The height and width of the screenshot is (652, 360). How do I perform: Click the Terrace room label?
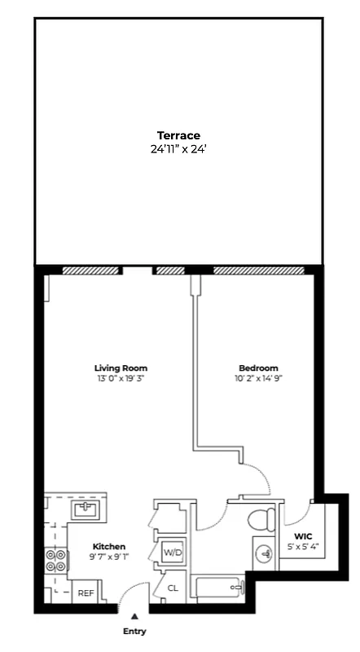pos(178,135)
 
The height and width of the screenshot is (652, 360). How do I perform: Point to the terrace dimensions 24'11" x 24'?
pos(178,149)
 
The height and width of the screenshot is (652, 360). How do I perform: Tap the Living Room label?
pos(120,368)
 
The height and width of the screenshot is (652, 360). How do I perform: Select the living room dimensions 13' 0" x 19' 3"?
pos(120,378)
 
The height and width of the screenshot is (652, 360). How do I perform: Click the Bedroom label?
pos(258,368)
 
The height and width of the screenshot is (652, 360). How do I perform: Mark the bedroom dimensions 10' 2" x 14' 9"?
pos(258,378)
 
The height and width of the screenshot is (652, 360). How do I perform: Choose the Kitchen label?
pos(109,546)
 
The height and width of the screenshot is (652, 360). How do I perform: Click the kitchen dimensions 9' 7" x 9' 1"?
pos(109,557)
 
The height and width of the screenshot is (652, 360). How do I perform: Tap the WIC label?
pos(303,535)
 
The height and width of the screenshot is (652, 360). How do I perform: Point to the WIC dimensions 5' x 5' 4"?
pos(303,546)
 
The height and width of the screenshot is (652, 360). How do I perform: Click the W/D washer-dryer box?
pos(173,553)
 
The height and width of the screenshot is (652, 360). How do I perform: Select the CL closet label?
pos(173,588)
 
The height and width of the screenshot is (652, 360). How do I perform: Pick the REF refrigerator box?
pos(86,593)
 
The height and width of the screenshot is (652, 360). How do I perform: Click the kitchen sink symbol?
pos(85,510)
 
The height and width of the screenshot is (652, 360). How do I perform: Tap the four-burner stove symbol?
pos(56,562)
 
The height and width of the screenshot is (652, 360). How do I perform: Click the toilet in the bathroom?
pos(261,518)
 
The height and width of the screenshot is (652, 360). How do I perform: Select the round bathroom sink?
pos(264,554)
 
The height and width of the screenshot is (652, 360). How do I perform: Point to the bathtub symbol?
pos(218,587)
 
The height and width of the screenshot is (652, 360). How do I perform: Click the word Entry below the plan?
pos(134,631)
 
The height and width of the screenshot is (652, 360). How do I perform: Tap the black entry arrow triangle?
pos(134,617)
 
